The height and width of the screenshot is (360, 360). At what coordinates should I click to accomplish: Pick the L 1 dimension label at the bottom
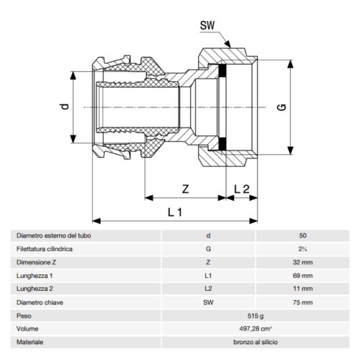[x=172, y=213]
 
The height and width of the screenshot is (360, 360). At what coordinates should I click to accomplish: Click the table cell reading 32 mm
[x=302, y=262]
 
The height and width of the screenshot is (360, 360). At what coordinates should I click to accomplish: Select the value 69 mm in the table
[x=302, y=276]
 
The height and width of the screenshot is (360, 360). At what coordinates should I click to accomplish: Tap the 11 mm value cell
[x=302, y=289]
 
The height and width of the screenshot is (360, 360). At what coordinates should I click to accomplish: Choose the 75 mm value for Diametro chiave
[x=302, y=303]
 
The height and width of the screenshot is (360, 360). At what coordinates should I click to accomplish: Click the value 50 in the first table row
[x=302, y=235]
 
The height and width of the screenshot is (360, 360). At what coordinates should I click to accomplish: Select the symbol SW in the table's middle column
[x=209, y=303]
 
